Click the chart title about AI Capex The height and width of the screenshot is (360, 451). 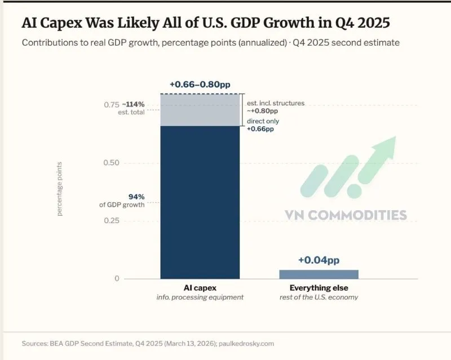pos(206,24)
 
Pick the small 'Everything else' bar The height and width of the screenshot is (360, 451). pos(319,274)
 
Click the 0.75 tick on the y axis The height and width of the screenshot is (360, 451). pos(111,105)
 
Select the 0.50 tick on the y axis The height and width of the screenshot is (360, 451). pos(111,163)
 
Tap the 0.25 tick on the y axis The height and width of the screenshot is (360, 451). pos(111,220)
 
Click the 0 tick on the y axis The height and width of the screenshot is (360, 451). pos(117,278)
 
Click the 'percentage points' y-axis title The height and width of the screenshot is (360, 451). pos(60,189)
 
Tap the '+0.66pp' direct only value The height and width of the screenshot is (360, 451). pos(260,129)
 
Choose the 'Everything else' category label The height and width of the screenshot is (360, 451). pos(319,288)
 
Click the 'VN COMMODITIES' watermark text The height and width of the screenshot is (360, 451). pos(346,215)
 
